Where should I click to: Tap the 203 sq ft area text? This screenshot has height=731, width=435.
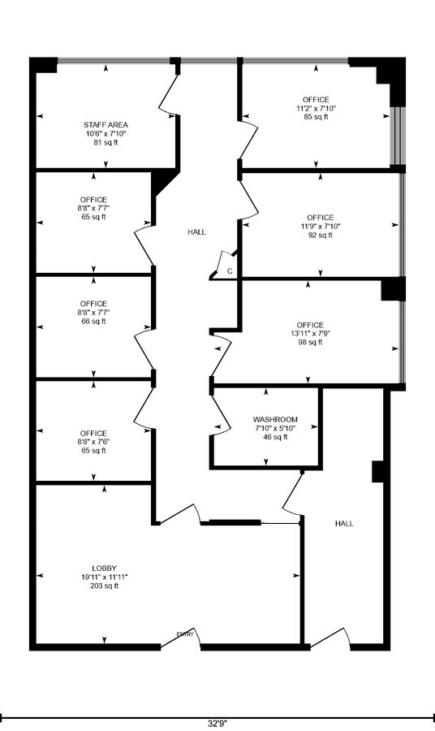(x=105, y=586)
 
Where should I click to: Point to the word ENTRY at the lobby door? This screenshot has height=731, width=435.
(x=186, y=634)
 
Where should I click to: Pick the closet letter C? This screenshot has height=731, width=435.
(x=230, y=270)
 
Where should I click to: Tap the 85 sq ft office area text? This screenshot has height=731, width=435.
(x=316, y=117)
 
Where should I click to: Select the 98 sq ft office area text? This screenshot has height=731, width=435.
(x=310, y=343)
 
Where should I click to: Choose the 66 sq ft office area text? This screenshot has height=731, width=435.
(x=94, y=321)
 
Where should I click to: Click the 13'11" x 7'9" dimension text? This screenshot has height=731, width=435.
(x=310, y=334)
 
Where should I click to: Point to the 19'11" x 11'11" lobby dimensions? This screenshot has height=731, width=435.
(x=105, y=577)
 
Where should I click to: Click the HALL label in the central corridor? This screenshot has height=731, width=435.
(x=196, y=231)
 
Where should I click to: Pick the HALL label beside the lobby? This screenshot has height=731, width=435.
(x=344, y=524)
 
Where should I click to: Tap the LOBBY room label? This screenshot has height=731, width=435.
(x=105, y=568)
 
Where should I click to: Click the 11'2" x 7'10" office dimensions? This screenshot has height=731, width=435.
(x=316, y=108)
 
